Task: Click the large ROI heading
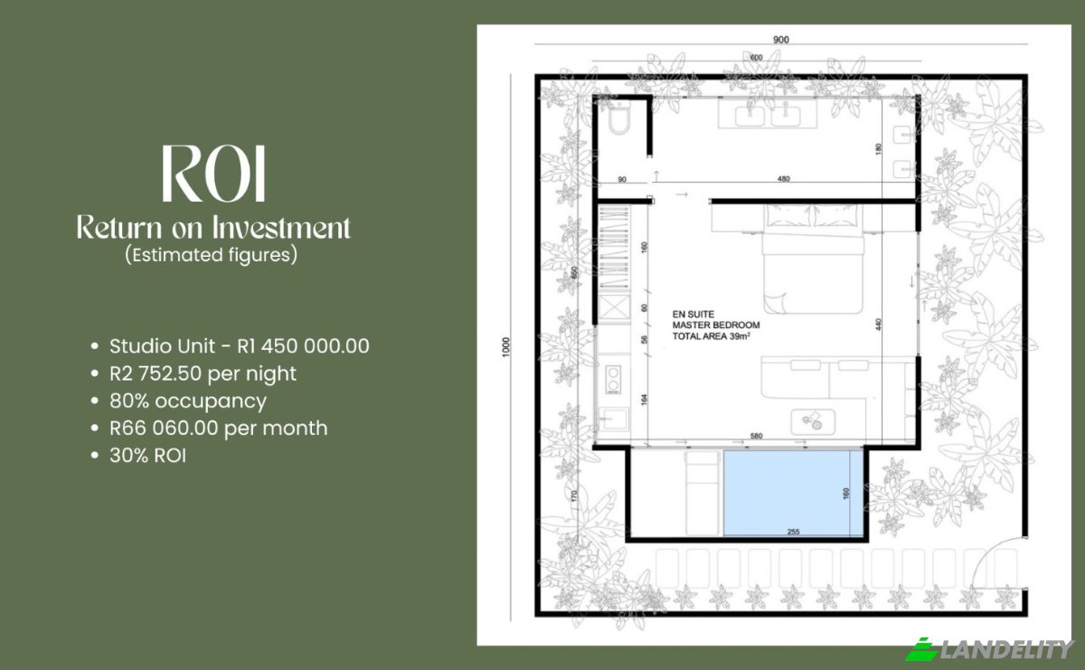pos(213,174)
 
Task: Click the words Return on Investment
pos(213,227)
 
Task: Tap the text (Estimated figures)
pos(212,255)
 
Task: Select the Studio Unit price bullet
pos(231,346)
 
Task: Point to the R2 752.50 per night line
pos(193,373)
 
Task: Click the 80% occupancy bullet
pos(179,401)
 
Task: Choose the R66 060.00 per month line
pos(209,429)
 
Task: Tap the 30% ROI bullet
pos(138,456)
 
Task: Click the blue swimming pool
pos(794,493)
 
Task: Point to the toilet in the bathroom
pos(618,117)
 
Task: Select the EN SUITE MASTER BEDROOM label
pos(716,326)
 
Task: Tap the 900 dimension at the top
pos(781,40)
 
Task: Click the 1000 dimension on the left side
pos(506,347)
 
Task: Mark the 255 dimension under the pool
pos(794,532)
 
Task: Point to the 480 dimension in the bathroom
pos(784,179)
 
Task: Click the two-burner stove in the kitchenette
pos(614,379)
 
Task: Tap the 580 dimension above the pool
pos(757,436)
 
